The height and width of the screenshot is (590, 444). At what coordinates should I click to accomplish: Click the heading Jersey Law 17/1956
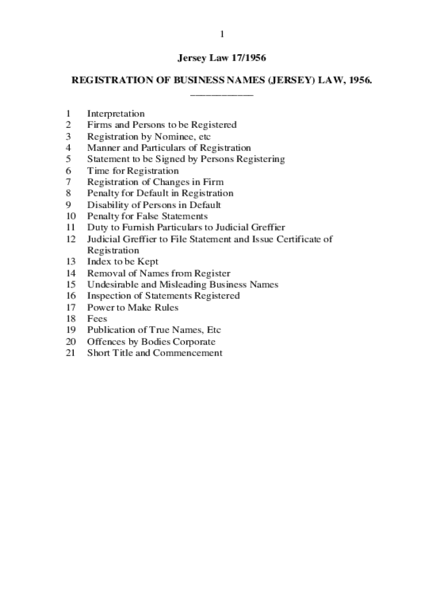[222, 58]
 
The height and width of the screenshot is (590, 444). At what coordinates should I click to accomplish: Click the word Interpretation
[116, 114]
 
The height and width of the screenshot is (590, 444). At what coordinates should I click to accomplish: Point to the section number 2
[69, 125]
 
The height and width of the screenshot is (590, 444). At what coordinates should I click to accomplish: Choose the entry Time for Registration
[133, 171]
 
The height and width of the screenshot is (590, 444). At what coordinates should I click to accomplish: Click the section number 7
[69, 182]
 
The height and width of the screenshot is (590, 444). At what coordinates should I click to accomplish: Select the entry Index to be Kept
[123, 262]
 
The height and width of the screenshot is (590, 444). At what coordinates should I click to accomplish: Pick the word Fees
[97, 319]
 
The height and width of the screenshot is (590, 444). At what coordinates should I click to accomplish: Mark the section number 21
[71, 353]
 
